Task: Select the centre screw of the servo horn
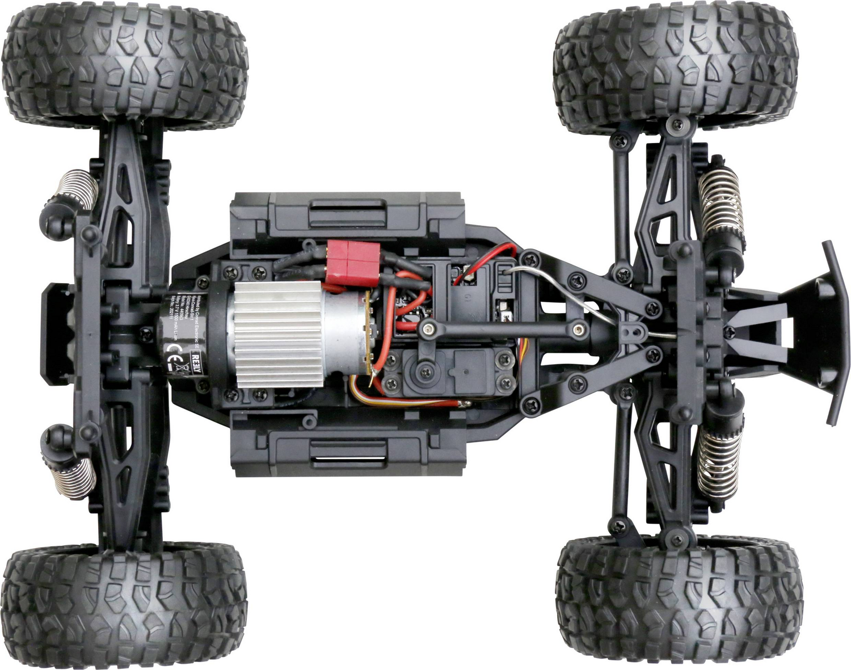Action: click(x=423, y=373)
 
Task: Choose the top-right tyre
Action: click(x=675, y=68)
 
